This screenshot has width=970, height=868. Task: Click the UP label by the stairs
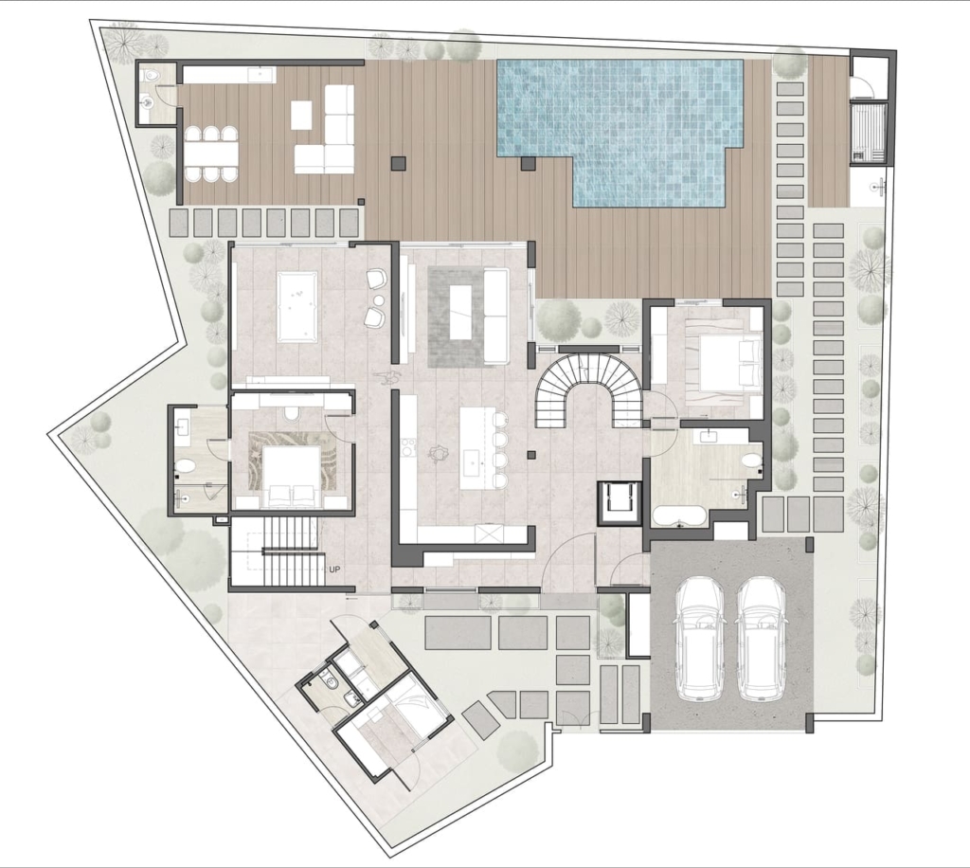[x=334, y=570]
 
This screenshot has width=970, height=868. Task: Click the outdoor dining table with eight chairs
[x=210, y=154]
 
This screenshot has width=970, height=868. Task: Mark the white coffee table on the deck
[x=301, y=115]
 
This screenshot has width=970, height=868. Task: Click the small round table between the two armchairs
[x=379, y=300]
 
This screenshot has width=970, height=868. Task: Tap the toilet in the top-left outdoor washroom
[x=151, y=76]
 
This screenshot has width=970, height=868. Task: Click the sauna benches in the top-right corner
[x=868, y=133]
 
